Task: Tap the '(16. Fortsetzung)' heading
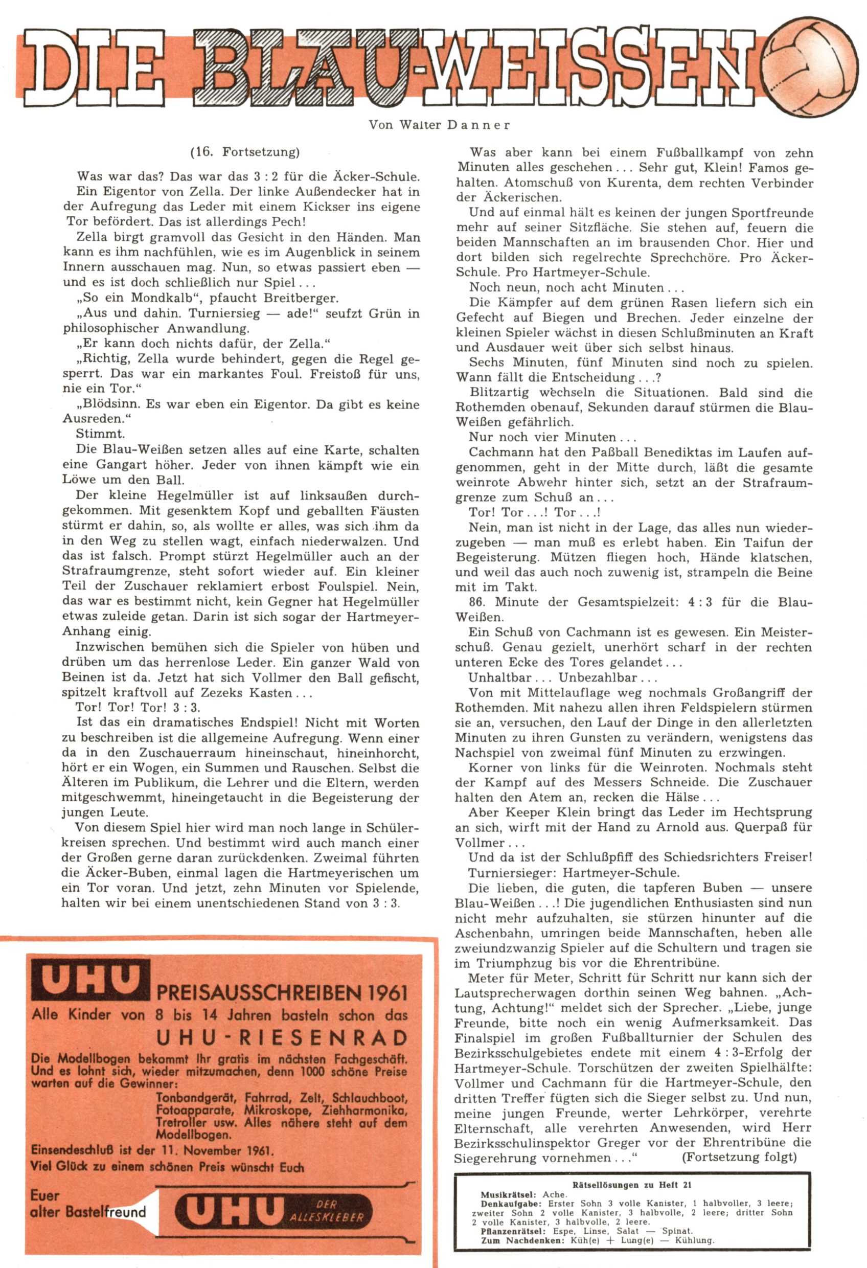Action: [245, 152]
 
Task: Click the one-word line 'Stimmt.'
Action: [100, 434]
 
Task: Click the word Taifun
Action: [764, 543]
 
